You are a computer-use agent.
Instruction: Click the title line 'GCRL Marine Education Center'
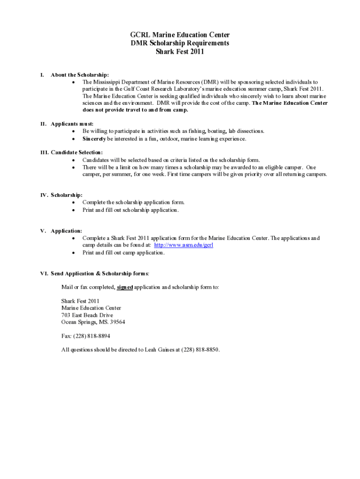180,35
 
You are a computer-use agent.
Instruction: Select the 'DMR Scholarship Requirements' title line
180,44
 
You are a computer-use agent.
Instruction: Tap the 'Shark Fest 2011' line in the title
180,52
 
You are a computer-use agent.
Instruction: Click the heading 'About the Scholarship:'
80,75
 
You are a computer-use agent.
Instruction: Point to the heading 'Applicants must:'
72,124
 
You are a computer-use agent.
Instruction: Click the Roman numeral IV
43,195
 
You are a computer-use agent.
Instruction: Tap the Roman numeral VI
43,274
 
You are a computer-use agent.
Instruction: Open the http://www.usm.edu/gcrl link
184,245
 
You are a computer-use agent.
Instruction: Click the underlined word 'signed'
125,287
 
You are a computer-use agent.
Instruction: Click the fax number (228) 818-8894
92,336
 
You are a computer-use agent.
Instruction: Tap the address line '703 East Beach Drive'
87,315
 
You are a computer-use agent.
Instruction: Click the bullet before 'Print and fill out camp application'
73,253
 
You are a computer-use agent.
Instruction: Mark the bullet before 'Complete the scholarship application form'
73,203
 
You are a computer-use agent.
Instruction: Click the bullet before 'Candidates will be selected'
73,160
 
